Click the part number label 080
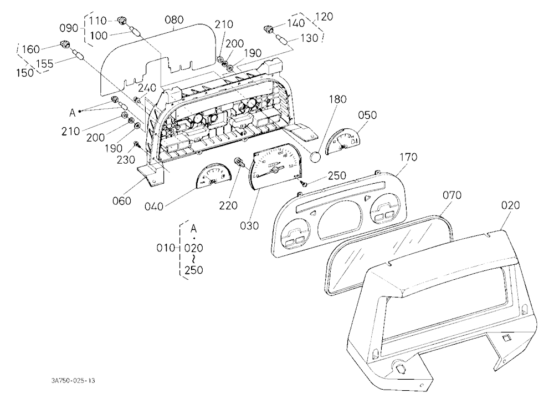(174, 19)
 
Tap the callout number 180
(338, 99)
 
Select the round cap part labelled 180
(315, 156)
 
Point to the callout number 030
(249, 225)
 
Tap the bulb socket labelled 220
(239, 163)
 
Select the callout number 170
(408, 157)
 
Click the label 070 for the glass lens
(452, 195)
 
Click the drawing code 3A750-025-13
(73, 381)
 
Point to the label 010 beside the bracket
(166, 248)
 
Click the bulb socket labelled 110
(122, 21)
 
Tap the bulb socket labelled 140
(268, 28)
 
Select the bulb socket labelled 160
(65, 44)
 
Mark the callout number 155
(45, 64)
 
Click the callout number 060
(121, 201)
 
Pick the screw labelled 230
(137, 144)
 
